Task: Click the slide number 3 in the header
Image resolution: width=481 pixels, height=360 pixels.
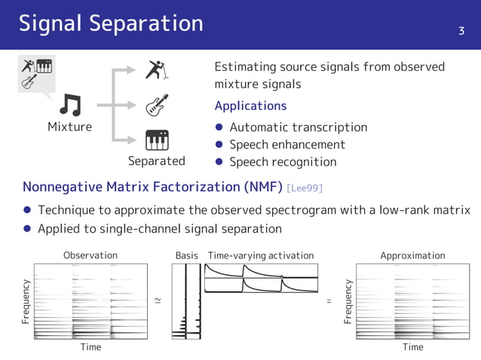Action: (461, 31)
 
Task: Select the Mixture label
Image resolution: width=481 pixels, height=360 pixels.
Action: (69, 127)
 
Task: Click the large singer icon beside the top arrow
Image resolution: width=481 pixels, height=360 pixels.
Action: (157, 70)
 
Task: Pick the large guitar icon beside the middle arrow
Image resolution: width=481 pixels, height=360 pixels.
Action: (157, 105)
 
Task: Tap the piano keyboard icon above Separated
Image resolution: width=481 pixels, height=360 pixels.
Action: (157, 139)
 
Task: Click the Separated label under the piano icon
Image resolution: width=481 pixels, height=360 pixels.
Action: (156, 160)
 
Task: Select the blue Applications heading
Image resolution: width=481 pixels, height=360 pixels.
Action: (250, 105)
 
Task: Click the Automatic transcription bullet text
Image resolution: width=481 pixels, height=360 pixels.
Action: (298, 127)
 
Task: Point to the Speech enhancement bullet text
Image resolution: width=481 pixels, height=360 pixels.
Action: (287, 145)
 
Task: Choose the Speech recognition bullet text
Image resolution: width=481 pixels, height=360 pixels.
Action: (283, 162)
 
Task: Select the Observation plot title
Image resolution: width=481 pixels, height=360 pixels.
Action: (90, 255)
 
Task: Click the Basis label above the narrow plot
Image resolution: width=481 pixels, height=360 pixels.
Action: (186, 255)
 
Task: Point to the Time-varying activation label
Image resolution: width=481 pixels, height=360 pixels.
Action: (260, 255)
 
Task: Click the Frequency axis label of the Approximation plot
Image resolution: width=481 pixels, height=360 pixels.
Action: (348, 301)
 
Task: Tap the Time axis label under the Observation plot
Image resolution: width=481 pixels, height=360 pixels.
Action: (90, 347)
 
